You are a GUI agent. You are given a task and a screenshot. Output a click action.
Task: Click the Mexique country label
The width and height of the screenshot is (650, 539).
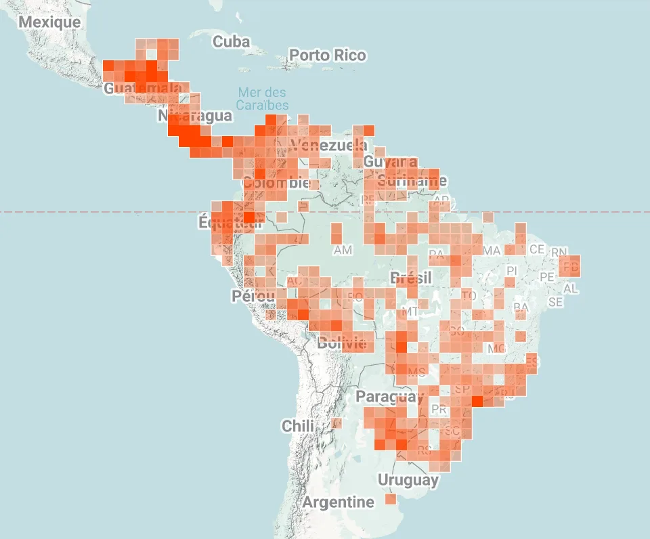pos(49,22)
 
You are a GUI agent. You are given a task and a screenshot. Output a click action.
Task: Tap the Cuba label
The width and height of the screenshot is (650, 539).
pos(231,42)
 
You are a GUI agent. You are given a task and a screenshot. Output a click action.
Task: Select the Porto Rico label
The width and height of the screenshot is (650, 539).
pos(328,56)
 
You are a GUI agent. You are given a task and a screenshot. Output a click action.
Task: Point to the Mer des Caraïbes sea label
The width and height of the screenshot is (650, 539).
pos(262,99)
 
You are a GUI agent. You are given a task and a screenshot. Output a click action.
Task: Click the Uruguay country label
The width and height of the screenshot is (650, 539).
pos(408,481)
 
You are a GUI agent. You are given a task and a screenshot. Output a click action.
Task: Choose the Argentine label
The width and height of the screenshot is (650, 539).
pos(338,502)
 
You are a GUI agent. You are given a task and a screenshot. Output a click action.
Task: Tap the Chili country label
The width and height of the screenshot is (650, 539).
pos(298,427)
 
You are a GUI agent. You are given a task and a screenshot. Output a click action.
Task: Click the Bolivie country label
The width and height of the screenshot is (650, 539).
pos(342,343)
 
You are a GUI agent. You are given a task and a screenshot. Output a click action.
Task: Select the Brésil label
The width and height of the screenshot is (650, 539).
pos(411,278)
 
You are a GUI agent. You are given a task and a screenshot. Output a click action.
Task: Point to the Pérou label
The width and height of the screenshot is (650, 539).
pos(253,297)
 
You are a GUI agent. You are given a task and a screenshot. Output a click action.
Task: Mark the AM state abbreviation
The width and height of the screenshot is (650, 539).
pos(343,251)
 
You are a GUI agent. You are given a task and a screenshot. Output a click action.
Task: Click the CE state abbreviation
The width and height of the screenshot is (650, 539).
pos(537,249)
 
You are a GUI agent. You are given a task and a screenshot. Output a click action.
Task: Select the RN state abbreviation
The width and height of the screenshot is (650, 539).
pos(559,253)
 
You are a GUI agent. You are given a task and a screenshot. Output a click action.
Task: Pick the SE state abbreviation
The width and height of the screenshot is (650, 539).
pos(555,302)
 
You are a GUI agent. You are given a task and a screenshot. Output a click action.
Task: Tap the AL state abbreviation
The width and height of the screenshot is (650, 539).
pos(571,289)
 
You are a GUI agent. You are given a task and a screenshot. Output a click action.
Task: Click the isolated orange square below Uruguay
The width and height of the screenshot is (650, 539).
pos(391,499)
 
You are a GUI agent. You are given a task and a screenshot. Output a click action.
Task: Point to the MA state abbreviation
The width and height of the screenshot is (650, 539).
pos(492,251)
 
